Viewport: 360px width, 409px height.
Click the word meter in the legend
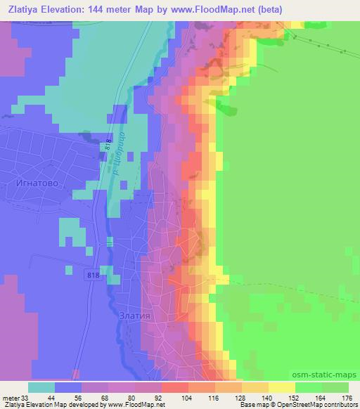[10, 398]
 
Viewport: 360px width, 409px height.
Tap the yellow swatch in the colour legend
[282, 387]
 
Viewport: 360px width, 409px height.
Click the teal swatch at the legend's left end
[42, 387]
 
